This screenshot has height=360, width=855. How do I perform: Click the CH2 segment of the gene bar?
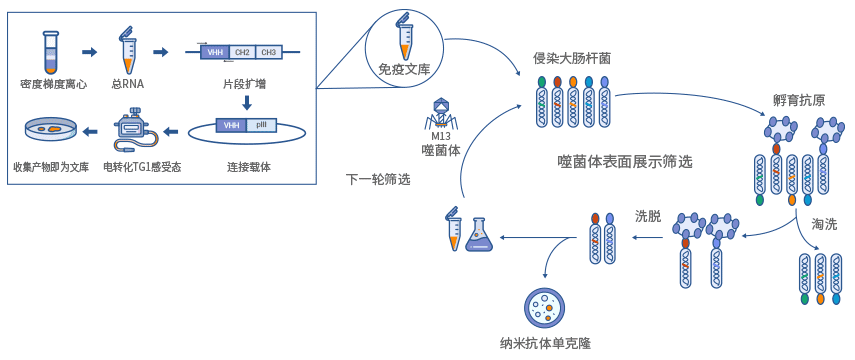[x=241, y=52]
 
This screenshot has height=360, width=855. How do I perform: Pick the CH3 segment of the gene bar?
[x=268, y=52]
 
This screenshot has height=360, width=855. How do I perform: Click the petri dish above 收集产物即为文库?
[x=49, y=129]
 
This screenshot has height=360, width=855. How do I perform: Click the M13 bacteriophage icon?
[x=441, y=116]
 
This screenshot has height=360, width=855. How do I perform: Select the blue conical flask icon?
[x=479, y=235]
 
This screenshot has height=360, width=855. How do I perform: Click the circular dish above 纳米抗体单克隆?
[x=546, y=307]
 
